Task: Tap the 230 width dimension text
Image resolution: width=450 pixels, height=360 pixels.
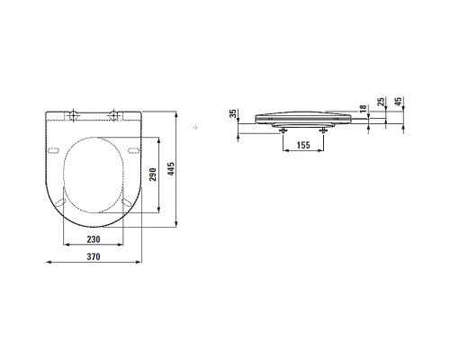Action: tap(93, 239)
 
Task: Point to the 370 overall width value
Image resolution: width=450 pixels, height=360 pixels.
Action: tap(93, 257)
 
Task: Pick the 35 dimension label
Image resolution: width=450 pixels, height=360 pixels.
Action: tap(234, 114)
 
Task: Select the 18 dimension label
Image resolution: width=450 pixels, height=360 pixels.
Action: tap(362, 109)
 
